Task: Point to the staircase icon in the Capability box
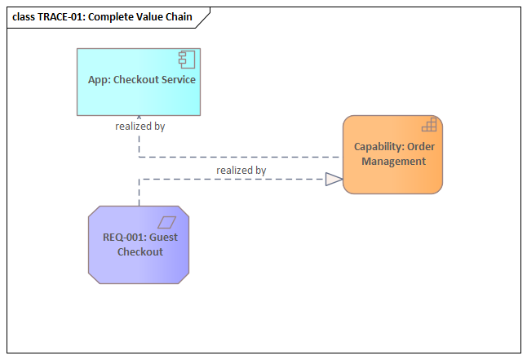(x=429, y=125)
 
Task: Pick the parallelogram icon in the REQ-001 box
(x=167, y=221)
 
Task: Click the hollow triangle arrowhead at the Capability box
(x=334, y=180)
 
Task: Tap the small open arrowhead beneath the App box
(x=139, y=118)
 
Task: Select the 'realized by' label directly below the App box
(x=140, y=127)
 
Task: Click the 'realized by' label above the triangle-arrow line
(x=241, y=170)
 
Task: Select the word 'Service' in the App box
(x=176, y=80)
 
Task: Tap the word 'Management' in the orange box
(x=394, y=162)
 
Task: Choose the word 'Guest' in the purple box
(x=162, y=238)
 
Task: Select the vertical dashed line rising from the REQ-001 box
(x=139, y=193)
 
